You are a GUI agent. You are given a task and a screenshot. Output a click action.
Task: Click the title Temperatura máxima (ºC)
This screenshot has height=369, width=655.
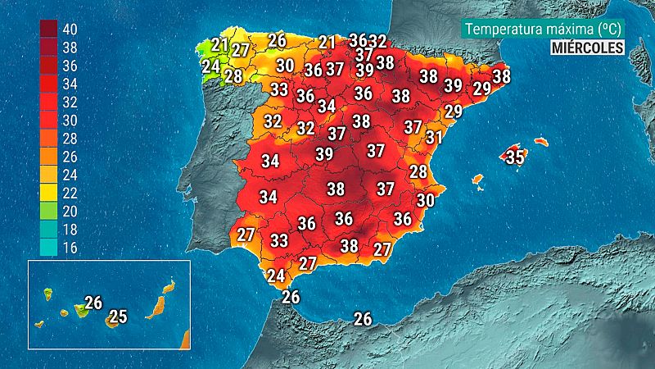coord(543,29)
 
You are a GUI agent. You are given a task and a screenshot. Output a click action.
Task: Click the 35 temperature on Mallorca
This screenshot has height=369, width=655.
coord(514,157)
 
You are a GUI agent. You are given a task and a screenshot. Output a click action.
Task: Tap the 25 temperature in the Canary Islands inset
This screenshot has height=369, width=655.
coord(118,316)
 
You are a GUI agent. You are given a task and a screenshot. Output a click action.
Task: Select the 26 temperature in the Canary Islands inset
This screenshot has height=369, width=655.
coord(93,303)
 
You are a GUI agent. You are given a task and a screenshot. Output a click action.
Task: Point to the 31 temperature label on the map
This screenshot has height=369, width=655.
coord(434,138)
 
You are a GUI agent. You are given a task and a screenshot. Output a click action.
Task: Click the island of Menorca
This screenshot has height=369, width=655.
coord(540,141)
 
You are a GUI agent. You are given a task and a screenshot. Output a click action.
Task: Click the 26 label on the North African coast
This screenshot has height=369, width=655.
coord(363,319)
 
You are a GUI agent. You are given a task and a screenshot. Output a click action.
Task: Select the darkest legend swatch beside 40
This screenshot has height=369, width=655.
coord(48,30)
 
